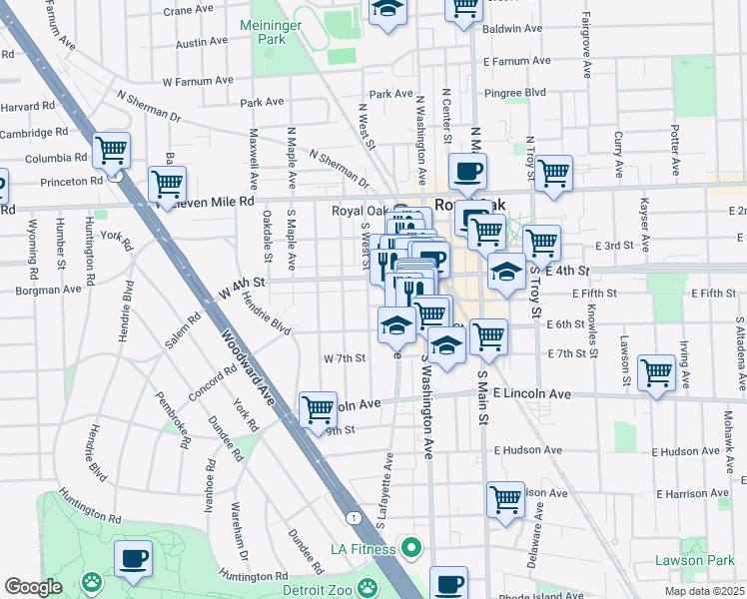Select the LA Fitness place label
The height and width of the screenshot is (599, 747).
pos(364,548)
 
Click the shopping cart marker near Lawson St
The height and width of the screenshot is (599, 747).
pos(656,373)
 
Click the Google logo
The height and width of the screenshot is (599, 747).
pos(33,587)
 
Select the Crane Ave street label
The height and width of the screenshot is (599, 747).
pos(191,10)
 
